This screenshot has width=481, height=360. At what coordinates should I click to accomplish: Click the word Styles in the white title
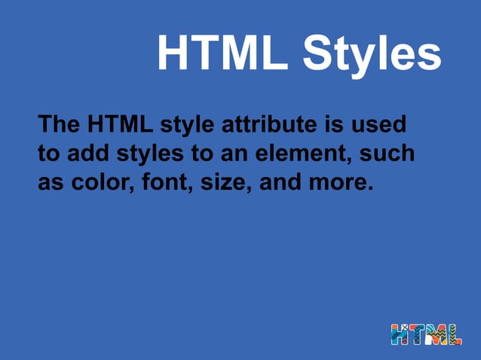[372, 53]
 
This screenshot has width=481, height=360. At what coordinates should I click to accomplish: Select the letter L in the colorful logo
[455, 334]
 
